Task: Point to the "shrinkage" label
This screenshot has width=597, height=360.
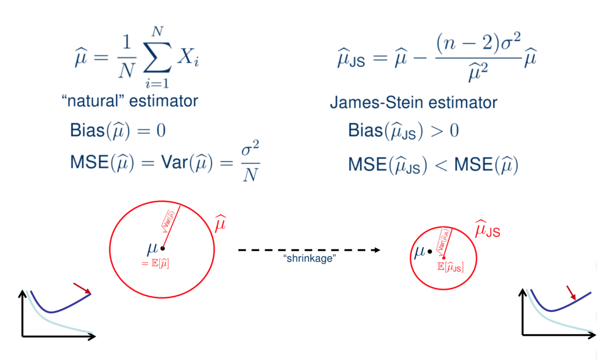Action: point(309,258)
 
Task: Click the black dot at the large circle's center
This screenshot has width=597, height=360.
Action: point(162,248)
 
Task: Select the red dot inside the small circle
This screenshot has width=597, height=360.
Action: point(443,257)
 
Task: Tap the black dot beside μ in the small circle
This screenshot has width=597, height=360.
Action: point(430,252)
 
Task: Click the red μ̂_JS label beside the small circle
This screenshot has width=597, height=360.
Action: point(487,229)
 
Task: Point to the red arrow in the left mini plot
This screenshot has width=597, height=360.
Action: point(82,288)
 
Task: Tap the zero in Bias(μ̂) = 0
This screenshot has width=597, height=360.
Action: point(161,131)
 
